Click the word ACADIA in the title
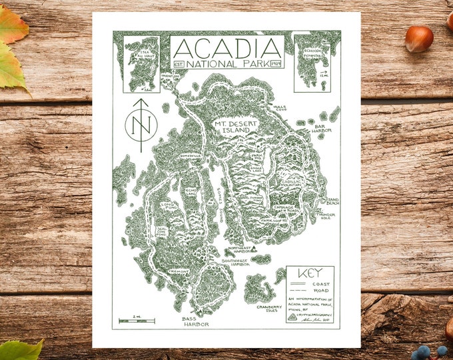click(x=227, y=48)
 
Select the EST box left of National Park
click(x=178, y=63)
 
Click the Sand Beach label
click(x=334, y=201)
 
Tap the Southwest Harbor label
click(x=236, y=261)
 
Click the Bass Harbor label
click(x=196, y=322)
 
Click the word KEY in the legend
click(x=310, y=272)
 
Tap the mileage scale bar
click(x=137, y=321)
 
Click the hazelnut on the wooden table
click(x=418, y=38)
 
